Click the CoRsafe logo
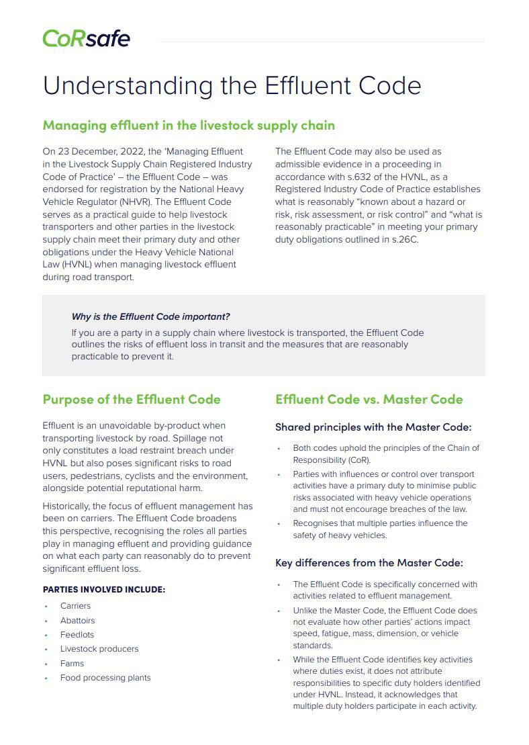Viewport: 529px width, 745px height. pos(86,38)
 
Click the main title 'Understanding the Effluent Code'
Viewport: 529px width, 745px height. pos(232,86)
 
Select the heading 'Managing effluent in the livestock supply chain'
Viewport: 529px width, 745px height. pos(189,126)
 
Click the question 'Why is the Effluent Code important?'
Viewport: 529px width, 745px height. pos(150,316)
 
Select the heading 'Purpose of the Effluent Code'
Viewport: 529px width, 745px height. pos(132,399)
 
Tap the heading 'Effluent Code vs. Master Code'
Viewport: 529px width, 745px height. pos(369,399)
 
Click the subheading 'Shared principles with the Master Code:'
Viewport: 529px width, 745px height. pos(373,427)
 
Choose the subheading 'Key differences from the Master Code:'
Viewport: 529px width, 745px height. pos(369,563)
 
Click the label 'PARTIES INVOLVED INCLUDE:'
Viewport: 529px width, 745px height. pos(103,590)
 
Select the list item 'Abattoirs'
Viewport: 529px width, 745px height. pos(77,621)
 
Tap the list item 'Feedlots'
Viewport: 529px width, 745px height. pos(77,635)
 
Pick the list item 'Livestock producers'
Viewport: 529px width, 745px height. pos(99,649)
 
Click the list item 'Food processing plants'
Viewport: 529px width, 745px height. pos(105,678)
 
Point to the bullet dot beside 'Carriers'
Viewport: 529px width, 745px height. pos(46,606)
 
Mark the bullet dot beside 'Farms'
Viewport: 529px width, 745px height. pos(46,664)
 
